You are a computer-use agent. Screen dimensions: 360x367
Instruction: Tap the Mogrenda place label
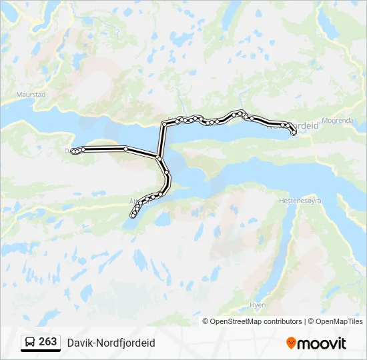pos(336,121)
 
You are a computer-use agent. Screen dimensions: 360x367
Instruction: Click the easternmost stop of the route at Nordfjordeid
pos(294,133)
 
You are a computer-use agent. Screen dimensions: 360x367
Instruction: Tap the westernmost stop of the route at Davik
pos(73,152)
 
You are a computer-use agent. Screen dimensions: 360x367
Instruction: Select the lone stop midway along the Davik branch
pos(125,149)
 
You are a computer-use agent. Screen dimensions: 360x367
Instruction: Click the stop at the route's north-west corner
pos(164,124)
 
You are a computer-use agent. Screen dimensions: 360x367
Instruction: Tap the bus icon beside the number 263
pos(30,343)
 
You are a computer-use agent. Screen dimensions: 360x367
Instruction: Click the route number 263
pos(48,342)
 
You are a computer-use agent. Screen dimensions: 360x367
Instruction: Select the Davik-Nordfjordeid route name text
pos(111,343)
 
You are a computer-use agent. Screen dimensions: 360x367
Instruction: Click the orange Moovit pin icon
pos(291,343)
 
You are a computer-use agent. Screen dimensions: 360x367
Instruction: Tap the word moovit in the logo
pos(322,343)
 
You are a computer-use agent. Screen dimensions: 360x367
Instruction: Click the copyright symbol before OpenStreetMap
pos(206,321)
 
